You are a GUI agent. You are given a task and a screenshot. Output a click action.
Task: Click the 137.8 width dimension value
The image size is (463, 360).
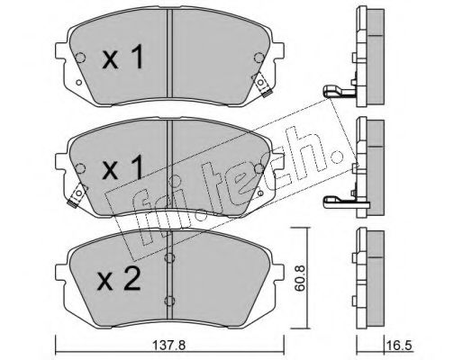tap(169, 346)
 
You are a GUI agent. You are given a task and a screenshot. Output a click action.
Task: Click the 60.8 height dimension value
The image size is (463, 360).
tap(299, 278)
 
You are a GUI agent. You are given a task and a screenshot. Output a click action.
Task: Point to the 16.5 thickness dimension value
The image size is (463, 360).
tap(402, 346)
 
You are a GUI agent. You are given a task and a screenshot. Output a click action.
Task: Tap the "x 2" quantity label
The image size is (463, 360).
tap(119, 279)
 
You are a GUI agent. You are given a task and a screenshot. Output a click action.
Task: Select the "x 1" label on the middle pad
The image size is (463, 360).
tap(123, 168)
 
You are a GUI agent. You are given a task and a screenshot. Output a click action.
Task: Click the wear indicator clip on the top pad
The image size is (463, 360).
tap(261, 85)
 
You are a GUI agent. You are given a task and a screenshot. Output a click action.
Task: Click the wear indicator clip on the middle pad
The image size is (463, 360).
tap(77, 195)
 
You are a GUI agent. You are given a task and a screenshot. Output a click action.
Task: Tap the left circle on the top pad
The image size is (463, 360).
tap(80, 58)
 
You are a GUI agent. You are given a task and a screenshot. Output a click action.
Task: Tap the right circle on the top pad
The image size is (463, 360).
tap(259, 58)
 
